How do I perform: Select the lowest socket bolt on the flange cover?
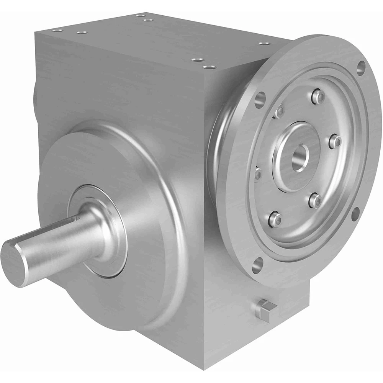(275, 219)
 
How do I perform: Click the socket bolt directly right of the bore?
(335, 141)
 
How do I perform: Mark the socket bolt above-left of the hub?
(279, 111)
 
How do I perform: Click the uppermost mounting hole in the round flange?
(360, 67)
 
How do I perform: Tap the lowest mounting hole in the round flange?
(257, 264)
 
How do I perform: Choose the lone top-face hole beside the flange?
(262, 44)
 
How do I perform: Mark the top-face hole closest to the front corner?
(208, 67)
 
